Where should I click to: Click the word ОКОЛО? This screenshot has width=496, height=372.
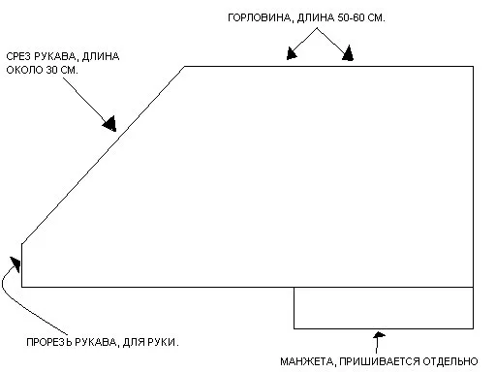coord(25,71)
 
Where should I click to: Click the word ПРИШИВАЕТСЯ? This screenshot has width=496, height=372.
coord(379,360)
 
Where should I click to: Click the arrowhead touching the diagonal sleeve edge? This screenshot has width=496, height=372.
coord(109,122)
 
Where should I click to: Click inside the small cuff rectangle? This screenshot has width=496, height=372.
coord(384,308)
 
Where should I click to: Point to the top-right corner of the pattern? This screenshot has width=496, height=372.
coord(473,66)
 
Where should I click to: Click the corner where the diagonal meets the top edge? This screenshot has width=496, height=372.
coord(185,66)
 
